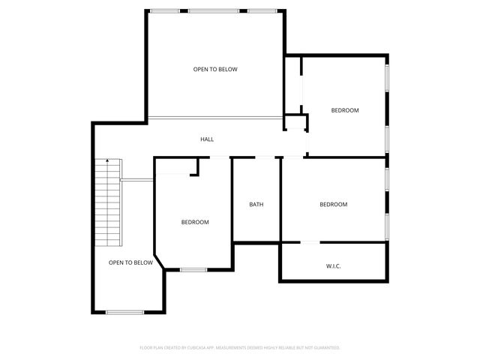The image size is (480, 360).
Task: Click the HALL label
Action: (x=207, y=139)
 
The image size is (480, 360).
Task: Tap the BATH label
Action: (x=256, y=205)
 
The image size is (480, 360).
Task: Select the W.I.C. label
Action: (x=334, y=266)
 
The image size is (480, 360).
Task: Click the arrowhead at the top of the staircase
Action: (x=109, y=160)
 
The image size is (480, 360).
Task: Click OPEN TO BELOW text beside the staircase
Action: (x=130, y=262)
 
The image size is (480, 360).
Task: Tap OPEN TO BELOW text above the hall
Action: (x=215, y=70)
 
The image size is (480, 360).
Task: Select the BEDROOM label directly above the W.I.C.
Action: (x=334, y=205)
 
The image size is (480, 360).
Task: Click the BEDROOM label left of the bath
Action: (x=195, y=222)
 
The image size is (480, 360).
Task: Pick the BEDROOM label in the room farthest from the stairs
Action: (x=345, y=110)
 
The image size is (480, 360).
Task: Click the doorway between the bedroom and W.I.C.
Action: (x=310, y=242)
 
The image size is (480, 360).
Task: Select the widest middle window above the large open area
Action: (x=214, y=10)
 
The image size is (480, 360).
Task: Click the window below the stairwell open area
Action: (x=124, y=312)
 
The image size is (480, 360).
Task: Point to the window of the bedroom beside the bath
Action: (x=193, y=269)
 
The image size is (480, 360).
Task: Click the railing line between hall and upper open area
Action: (x=214, y=117)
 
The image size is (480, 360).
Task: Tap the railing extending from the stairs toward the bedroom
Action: (x=137, y=179)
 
